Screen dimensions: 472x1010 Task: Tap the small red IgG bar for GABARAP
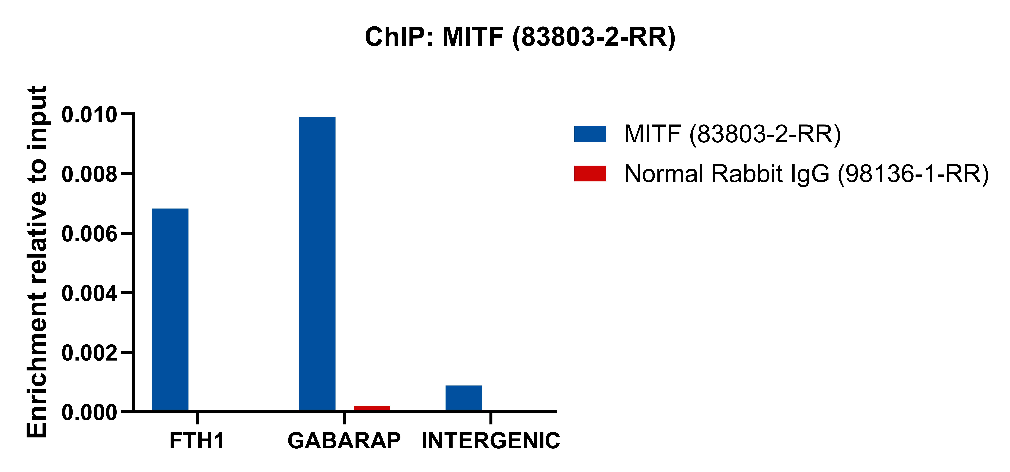372,408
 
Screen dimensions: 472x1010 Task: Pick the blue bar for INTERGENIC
464,398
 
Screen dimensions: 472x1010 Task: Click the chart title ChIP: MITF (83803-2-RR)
520,37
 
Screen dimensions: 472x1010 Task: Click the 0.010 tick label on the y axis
89,115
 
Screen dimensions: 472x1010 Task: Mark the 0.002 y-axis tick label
89,353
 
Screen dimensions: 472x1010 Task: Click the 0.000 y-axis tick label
89,413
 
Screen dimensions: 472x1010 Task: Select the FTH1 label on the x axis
197,441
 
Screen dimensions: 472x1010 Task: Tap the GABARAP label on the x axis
344,441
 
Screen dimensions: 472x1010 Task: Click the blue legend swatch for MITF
590,134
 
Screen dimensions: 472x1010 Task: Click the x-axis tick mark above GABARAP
344,418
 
